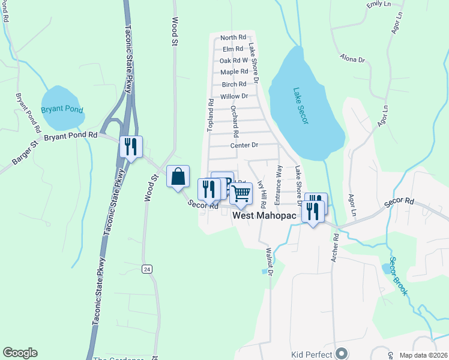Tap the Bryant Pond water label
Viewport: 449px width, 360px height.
[x=62, y=110]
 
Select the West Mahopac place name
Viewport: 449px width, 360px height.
[x=261, y=215]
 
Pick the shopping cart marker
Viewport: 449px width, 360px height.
[x=241, y=194]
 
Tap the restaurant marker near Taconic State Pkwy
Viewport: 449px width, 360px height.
[x=131, y=146]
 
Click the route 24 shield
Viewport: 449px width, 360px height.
[x=146, y=269]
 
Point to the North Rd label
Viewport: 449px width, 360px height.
[x=234, y=37]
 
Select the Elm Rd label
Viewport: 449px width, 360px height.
[x=232, y=49]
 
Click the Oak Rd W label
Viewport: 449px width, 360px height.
[x=234, y=61]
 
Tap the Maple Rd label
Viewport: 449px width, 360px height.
[x=234, y=72]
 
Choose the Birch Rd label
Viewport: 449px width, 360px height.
[x=234, y=85]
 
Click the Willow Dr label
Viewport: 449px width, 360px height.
[x=234, y=96]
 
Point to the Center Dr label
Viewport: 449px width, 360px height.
[x=244, y=145]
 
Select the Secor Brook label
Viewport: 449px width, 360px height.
[x=398, y=276]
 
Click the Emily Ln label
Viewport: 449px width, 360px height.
[x=373, y=5]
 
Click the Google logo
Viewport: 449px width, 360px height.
[x=20, y=353]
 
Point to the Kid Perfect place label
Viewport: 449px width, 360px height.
[x=311, y=355]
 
